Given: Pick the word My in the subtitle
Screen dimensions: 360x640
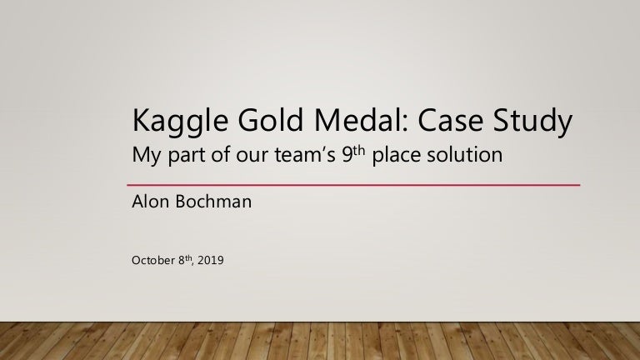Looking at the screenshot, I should coord(147,157).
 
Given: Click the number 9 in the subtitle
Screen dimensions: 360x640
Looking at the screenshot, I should coord(347,156).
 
